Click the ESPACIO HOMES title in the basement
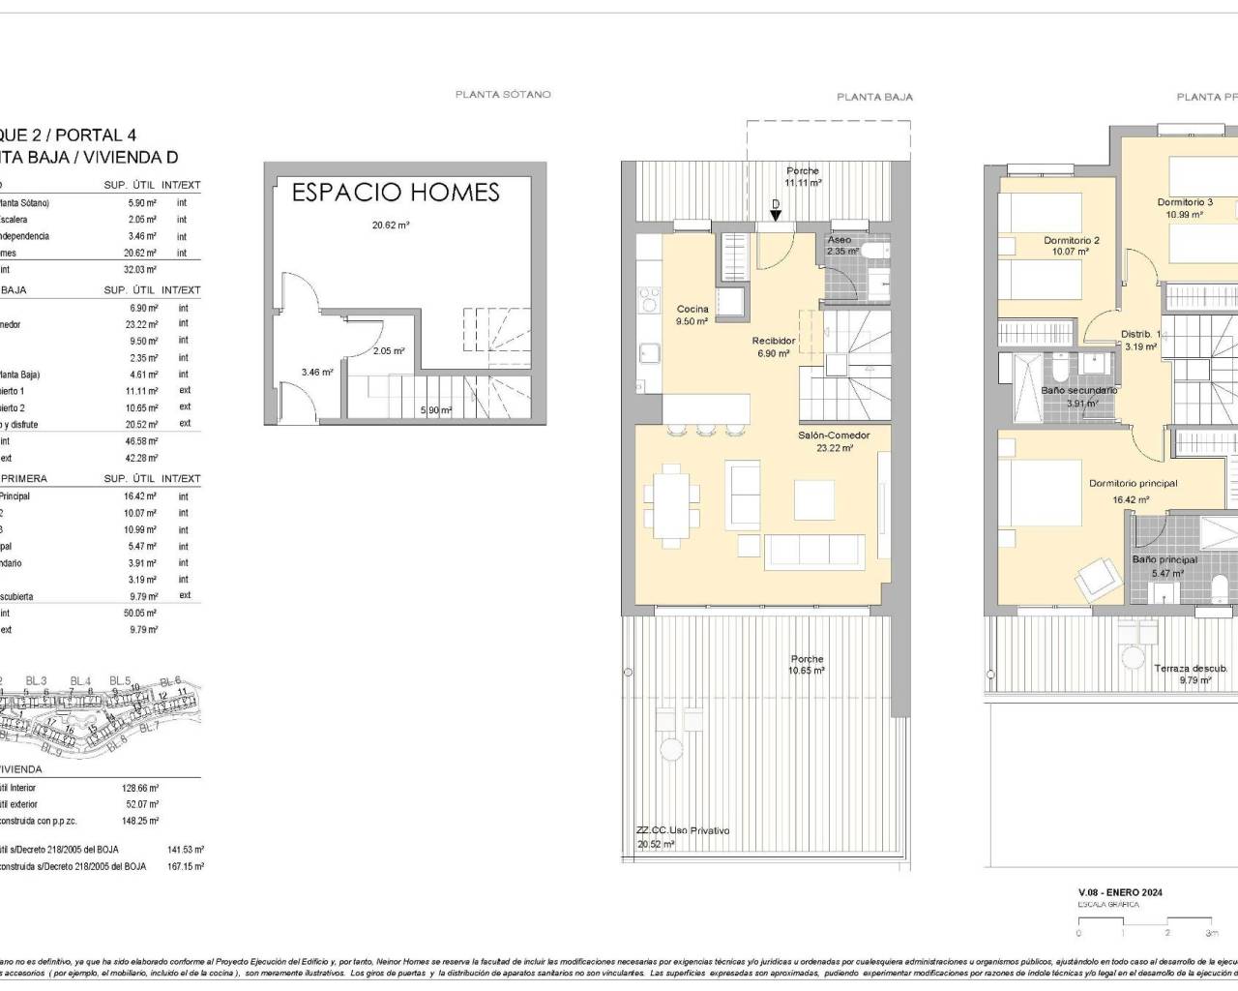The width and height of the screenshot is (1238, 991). coord(396,193)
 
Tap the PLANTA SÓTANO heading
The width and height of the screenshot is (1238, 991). coord(503,95)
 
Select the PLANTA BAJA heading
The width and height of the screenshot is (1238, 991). coord(874,97)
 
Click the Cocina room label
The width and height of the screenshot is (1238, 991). coord(693,310)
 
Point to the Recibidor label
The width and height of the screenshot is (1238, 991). coord(774,341)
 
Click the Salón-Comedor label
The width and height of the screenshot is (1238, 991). coord(834,435)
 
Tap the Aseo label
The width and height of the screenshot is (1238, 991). coord(840,240)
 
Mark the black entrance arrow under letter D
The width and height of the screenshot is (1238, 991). coord(776,216)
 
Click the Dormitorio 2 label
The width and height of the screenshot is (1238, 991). coord(1071,241)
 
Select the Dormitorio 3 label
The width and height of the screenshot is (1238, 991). coord(1185,203)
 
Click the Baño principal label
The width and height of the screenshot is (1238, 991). coord(1164,560)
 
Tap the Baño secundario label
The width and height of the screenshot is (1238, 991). coord(1079,391)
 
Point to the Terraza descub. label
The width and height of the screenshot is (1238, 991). coord(1191,669)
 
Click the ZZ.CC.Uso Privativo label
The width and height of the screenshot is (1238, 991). coord(683,830)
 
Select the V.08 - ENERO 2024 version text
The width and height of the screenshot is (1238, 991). coord(1120,892)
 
